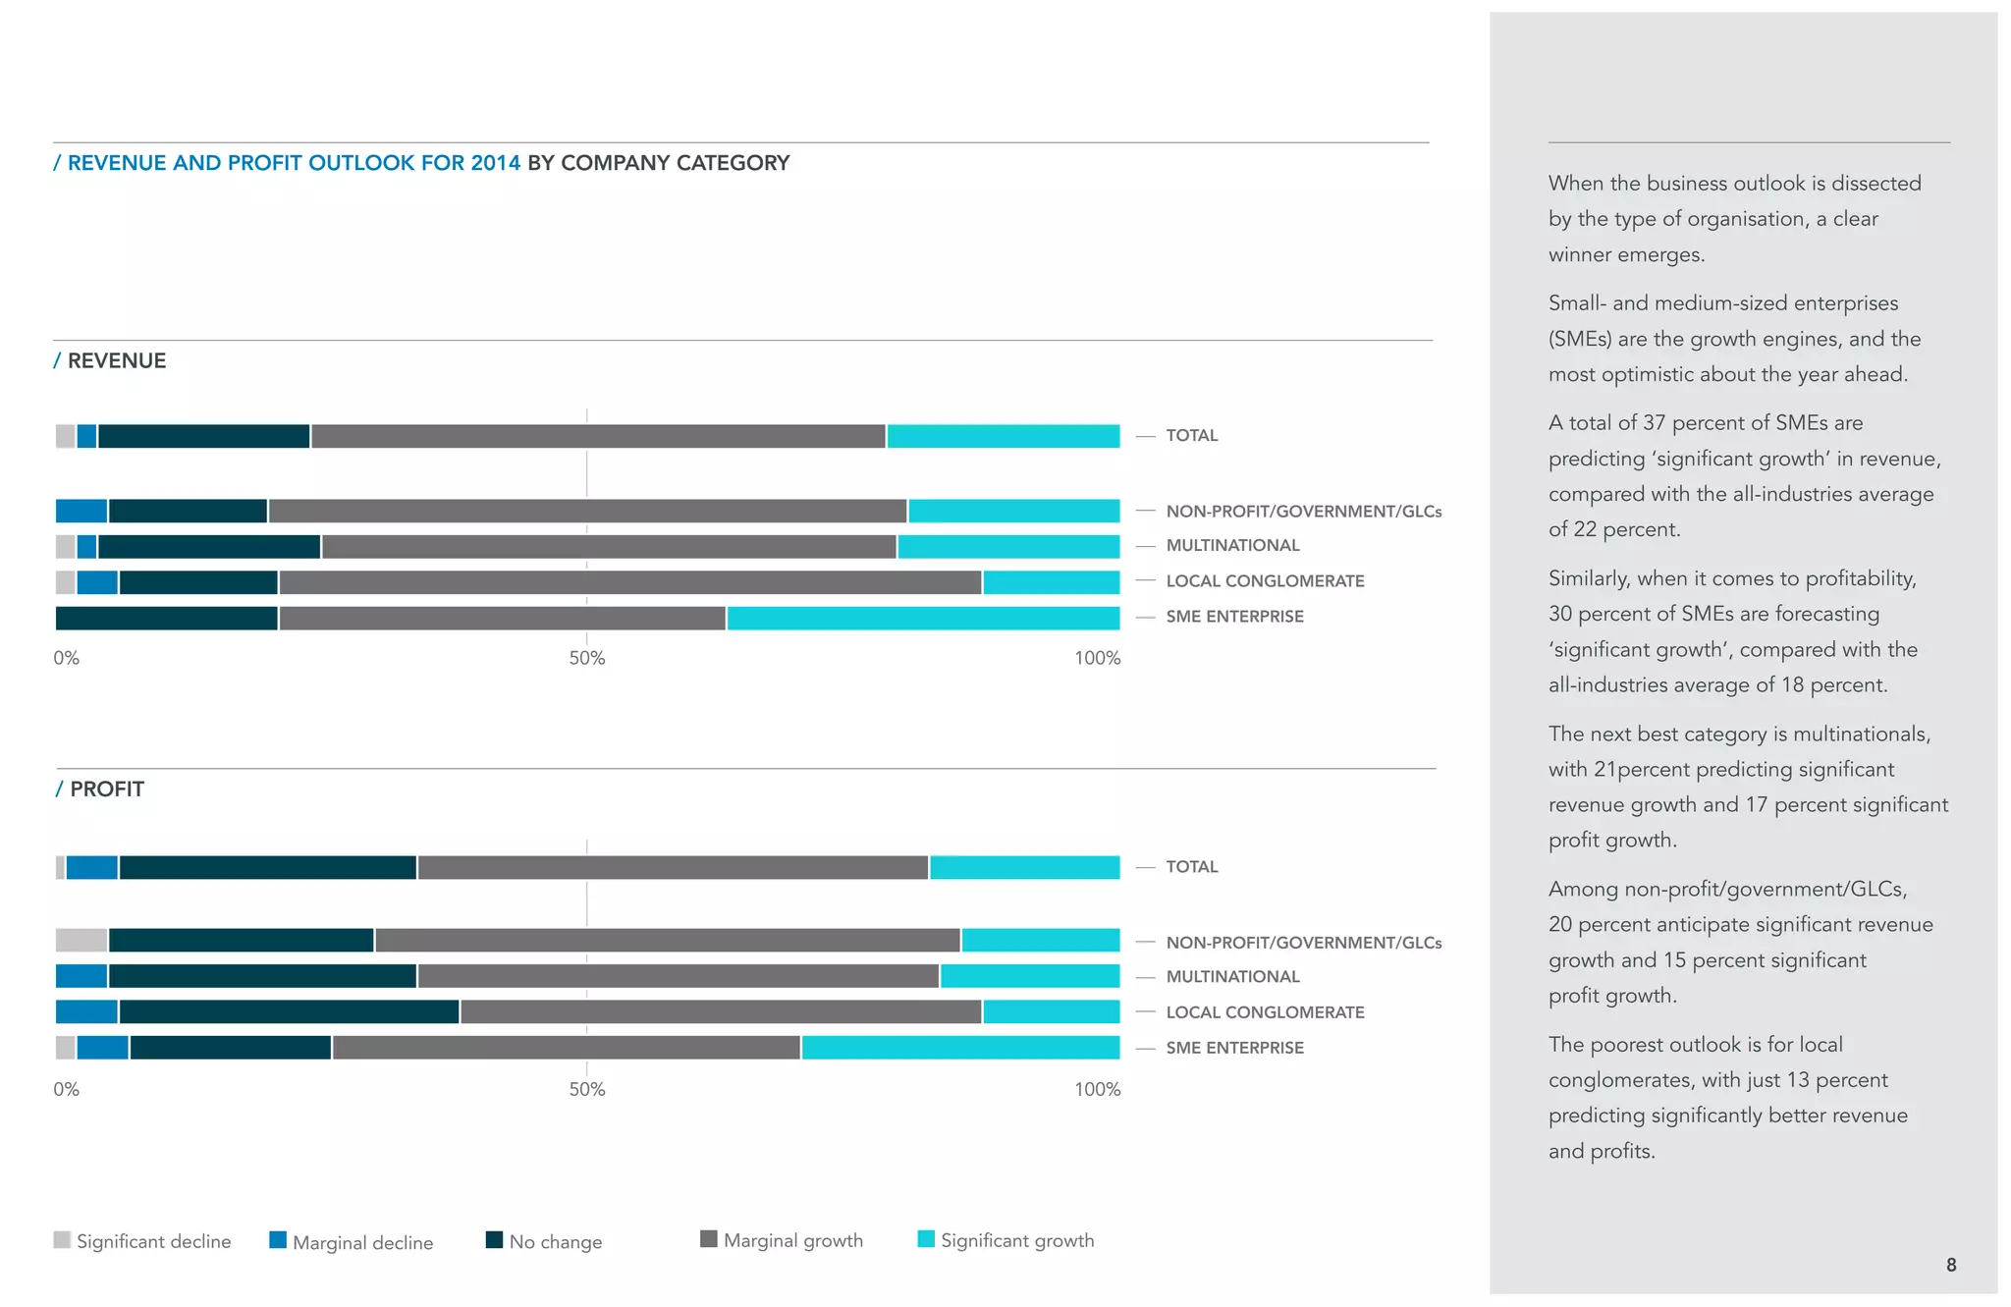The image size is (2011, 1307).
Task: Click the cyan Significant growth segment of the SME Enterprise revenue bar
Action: [x=923, y=618]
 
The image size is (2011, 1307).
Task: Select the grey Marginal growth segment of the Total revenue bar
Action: [x=598, y=436]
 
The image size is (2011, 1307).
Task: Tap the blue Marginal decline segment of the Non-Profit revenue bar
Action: [x=82, y=511]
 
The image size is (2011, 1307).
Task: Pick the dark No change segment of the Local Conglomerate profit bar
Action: [x=289, y=1011]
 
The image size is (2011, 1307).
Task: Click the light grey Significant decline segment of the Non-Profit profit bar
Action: [x=81, y=940]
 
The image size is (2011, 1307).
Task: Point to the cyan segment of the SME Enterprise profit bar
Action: [x=960, y=1048]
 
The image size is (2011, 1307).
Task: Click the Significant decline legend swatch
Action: [x=63, y=1239]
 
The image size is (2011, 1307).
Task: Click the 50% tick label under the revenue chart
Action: [x=587, y=658]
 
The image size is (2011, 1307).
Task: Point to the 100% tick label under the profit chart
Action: [x=1097, y=1089]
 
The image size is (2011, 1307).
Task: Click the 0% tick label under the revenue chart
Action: [x=66, y=658]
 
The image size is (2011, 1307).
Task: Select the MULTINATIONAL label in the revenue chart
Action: [x=1232, y=545]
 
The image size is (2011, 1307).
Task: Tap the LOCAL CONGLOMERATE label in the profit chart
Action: [x=1265, y=1012]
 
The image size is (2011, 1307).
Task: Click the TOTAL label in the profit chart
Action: [x=1191, y=866]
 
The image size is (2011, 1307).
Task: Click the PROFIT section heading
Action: [x=106, y=790]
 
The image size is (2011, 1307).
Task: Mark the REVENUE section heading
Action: [x=116, y=360]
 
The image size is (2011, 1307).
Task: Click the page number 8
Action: [x=1951, y=1265]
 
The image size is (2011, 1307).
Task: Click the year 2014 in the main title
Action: [x=495, y=163]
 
